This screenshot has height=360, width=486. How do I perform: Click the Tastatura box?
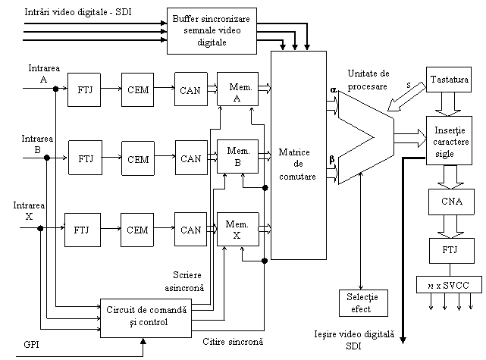click(450, 80)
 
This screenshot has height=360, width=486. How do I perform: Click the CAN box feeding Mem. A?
click(191, 91)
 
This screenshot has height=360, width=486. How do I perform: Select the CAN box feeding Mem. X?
click(191, 230)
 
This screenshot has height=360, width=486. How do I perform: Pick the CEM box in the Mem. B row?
click(138, 159)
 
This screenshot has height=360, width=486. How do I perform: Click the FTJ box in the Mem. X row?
click(82, 230)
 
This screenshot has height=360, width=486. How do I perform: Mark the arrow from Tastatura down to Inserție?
click(450, 102)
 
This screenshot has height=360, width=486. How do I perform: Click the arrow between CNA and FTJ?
click(450, 225)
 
